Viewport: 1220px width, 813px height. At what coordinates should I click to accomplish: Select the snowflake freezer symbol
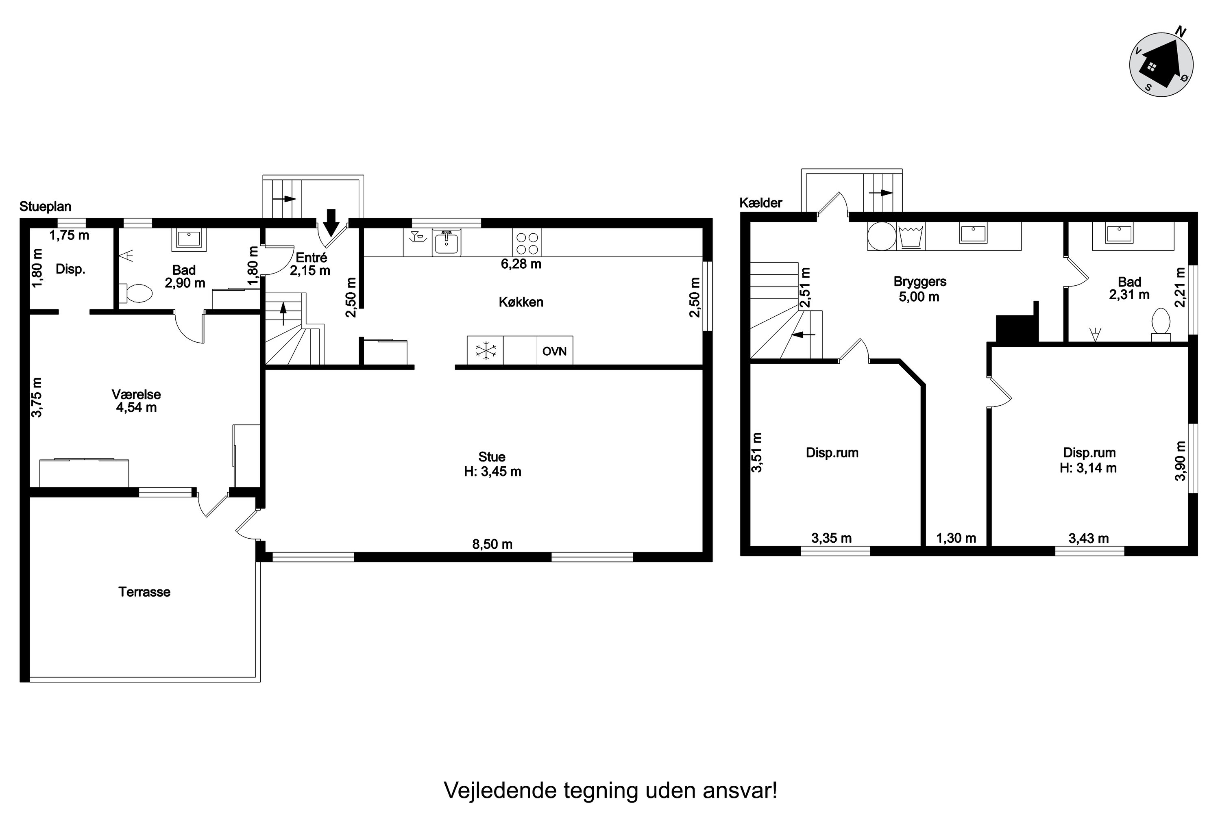click(486, 350)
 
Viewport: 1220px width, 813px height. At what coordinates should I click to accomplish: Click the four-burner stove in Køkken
click(527, 242)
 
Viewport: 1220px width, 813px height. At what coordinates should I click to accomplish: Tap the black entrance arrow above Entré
click(331, 222)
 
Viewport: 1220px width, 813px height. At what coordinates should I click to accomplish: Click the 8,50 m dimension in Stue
click(492, 544)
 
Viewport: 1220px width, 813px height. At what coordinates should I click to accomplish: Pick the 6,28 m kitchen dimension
click(521, 264)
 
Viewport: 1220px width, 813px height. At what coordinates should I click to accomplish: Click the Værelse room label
click(136, 394)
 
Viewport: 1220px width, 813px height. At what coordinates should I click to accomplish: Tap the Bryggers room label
click(919, 282)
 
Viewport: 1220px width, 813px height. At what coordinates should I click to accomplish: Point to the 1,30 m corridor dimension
click(956, 538)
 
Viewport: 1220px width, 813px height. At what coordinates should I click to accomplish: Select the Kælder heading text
click(760, 203)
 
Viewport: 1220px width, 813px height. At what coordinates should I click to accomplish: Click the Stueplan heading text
click(45, 207)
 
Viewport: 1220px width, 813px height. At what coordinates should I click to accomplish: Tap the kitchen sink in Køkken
click(447, 242)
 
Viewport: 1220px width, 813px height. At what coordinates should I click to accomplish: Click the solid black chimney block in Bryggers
click(1017, 324)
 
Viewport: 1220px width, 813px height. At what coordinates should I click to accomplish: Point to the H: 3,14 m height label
click(1088, 468)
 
